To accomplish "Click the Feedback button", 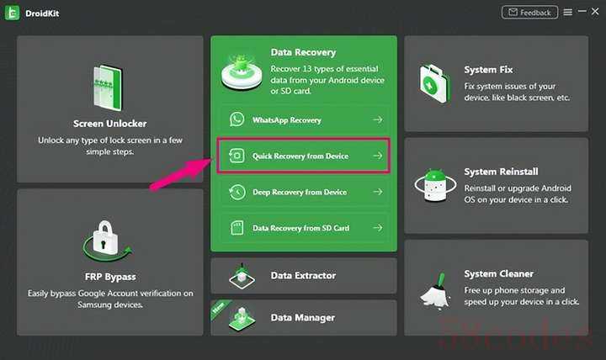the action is coord(529,13).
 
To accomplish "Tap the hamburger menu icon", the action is coord(568,13).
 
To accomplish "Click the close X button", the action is coord(595,12).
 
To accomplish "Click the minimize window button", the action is coord(582,12).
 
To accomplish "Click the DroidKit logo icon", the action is coord(12,13).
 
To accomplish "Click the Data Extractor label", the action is coord(303,275).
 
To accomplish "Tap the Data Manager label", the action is coord(303,317).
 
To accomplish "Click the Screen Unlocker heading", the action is coord(110,124).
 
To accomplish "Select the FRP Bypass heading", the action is coord(110,277).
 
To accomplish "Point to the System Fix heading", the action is coord(488,70).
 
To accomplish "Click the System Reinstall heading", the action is coord(501,172).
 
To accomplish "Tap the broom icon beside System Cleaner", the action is coord(436,290).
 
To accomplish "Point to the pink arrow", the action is coord(181,175).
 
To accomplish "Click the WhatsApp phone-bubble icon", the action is coord(237,119).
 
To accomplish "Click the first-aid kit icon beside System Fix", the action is coord(435,83).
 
